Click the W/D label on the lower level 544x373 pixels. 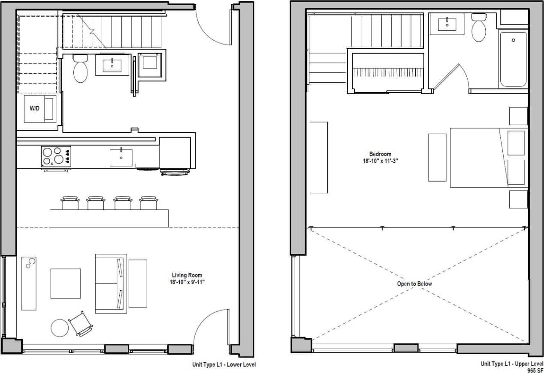(x=34, y=108)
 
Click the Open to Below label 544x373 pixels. (x=414, y=284)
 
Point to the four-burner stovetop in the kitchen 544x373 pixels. (x=56, y=156)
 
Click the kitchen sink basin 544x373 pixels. (x=121, y=158)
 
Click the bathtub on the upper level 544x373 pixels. (x=513, y=60)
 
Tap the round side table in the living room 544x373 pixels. (x=60, y=328)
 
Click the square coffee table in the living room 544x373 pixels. (x=66, y=283)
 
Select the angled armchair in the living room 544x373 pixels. (x=81, y=323)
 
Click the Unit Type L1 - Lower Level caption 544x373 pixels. (x=224, y=365)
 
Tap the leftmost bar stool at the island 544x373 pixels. (x=70, y=203)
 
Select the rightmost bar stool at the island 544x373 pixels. (x=148, y=203)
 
